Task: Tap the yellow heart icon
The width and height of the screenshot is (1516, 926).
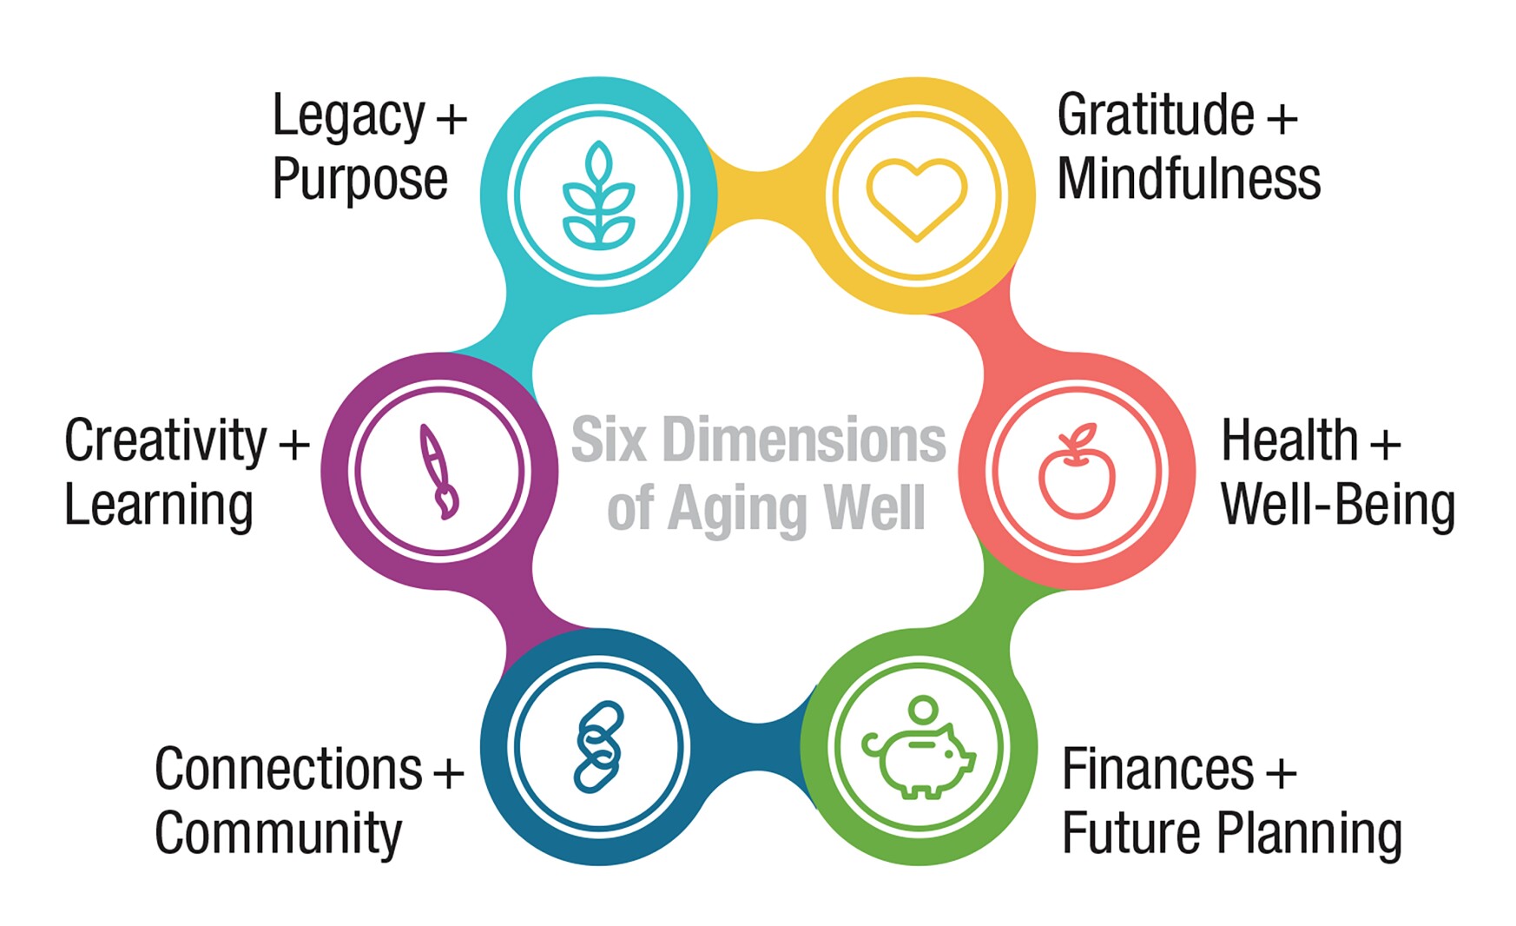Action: [x=916, y=198]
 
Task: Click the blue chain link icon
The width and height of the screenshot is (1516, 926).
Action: [x=598, y=747]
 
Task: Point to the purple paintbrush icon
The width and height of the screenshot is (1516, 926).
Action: [x=438, y=472]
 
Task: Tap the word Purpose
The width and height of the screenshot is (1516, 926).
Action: [x=359, y=180]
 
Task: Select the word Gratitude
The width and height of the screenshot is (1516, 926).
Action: [x=1155, y=116]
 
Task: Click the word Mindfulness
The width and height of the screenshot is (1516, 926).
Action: [x=1188, y=180]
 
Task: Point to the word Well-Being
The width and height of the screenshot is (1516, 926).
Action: [x=1337, y=506]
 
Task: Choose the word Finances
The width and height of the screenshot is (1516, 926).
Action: [x=1157, y=770]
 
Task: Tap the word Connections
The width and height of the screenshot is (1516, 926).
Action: [x=288, y=770]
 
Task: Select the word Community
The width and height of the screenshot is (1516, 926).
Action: [x=278, y=834]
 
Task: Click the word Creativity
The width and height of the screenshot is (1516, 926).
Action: [x=165, y=441]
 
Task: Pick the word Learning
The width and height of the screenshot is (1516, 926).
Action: [x=158, y=506]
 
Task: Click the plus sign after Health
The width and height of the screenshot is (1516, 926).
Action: [x=1385, y=443]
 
